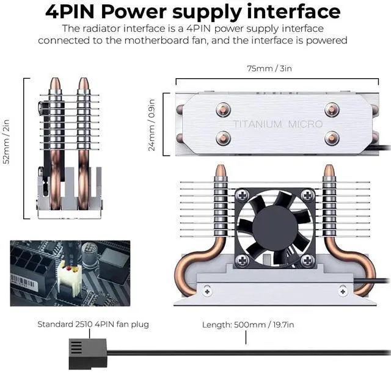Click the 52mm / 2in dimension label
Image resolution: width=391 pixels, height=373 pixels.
pos(7,148)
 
